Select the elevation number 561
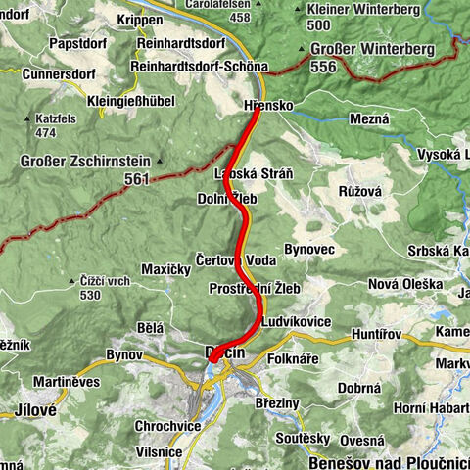(138, 179)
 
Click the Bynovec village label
(311, 250)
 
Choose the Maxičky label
(164, 267)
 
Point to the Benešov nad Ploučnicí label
(389, 460)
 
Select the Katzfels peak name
(51, 117)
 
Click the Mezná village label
(368, 118)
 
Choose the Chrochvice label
(168, 426)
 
